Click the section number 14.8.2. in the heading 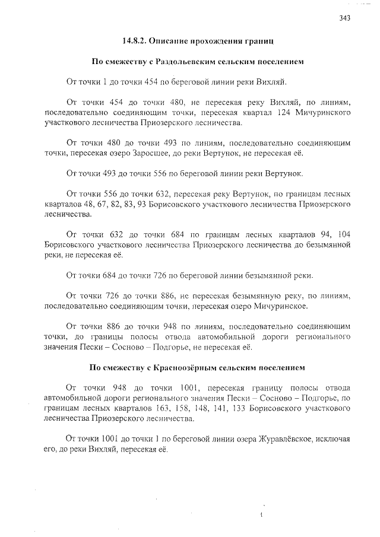pyautogui.click(x=134, y=42)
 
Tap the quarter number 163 pyautogui.click(x=179, y=408)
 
